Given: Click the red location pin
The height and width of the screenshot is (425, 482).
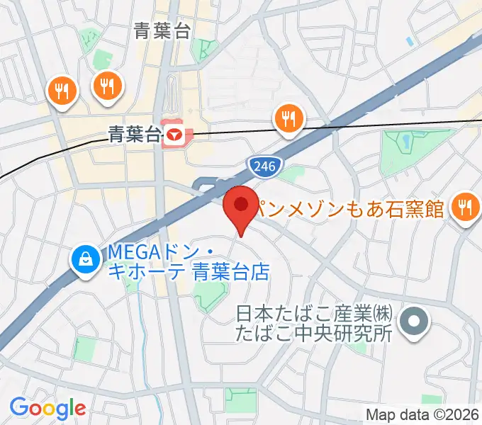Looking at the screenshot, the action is click(241, 206).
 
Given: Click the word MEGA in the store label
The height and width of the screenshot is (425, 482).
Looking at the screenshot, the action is click(125, 252).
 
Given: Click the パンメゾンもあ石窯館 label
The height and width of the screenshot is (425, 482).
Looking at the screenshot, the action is click(350, 208).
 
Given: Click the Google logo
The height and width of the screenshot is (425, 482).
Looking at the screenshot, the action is click(47, 408).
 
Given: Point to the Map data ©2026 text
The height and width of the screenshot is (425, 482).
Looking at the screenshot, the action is click(422, 414).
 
